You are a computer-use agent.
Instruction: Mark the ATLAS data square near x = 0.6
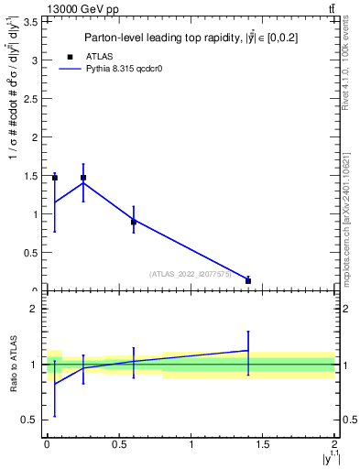[x=134, y=222]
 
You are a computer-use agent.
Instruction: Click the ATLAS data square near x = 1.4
[x=248, y=281]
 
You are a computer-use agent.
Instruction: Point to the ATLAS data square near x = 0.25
[x=83, y=178]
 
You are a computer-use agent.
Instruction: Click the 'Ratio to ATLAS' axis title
[x=12, y=365]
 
